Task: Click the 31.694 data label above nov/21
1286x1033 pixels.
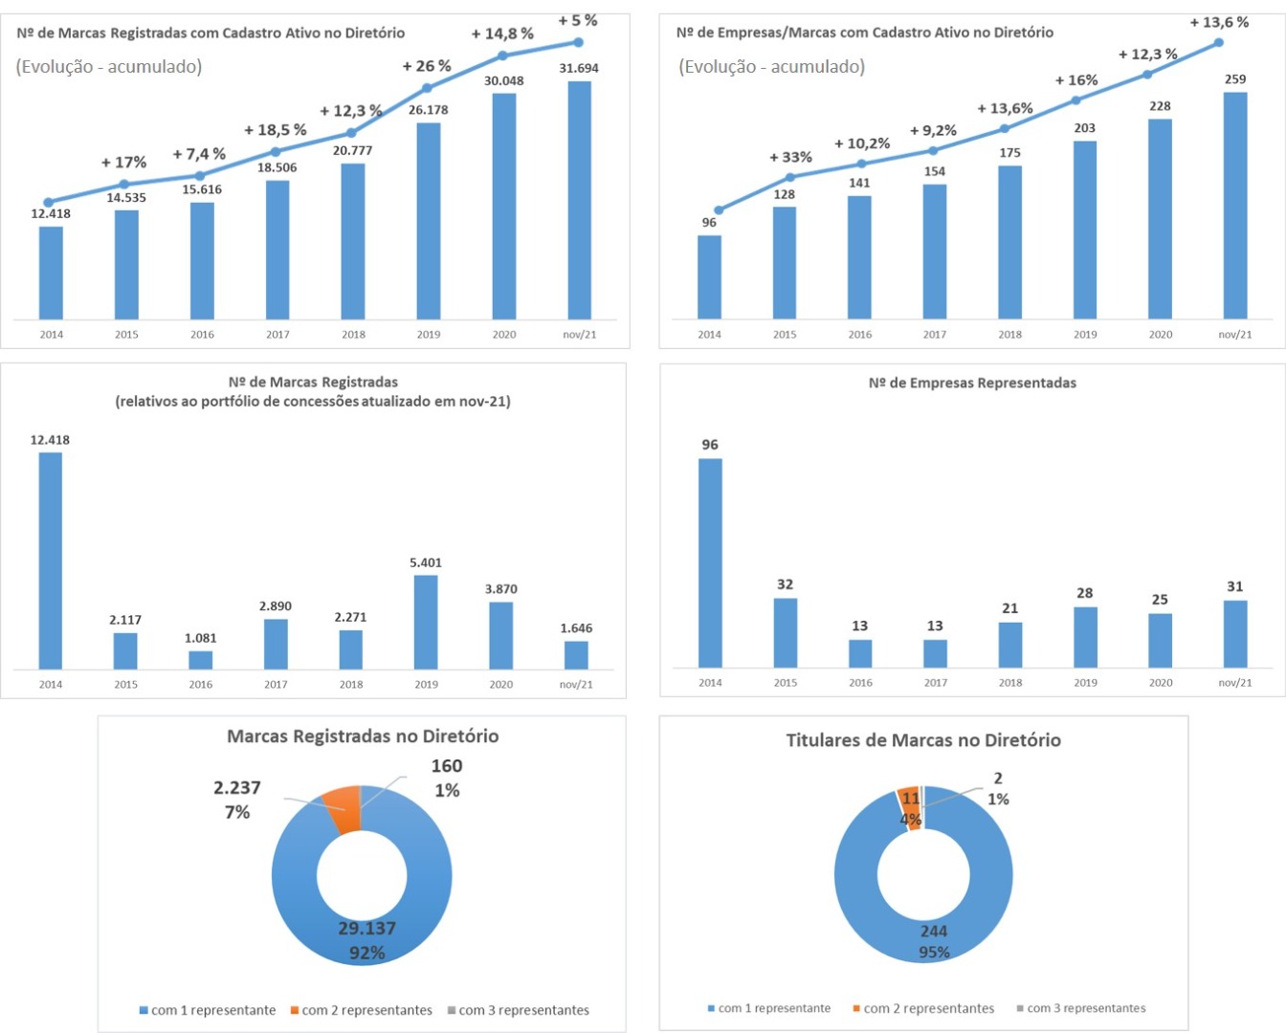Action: [x=579, y=68]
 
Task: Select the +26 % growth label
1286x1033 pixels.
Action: [x=427, y=66]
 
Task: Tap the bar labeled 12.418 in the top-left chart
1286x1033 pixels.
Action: [x=51, y=273]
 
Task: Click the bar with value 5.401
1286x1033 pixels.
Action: [x=426, y=622]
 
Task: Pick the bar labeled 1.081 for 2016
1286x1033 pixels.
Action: [x=201, y=659]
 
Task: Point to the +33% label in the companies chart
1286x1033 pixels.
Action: [x=790, y=157]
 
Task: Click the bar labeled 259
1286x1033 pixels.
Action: [x=1235, y=206]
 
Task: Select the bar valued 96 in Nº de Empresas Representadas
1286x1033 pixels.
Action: [x=710, y=562]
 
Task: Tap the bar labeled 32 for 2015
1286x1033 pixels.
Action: [x=785, y=632]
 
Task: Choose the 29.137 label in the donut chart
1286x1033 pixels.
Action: [x=366, y=928]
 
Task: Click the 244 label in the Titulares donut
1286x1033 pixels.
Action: [x=934, y=931]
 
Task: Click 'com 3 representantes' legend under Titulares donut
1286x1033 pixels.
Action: [x=1086, y=1008]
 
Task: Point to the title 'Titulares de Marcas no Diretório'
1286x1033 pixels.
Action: [x=923, y=740]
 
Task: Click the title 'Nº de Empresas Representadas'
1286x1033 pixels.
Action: [x=972, y=383]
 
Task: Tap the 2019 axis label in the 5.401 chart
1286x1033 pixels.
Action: [x=426, y=684]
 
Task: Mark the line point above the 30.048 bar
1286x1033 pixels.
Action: [x=503, y=55]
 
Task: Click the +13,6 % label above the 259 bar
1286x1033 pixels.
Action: [x=1219, y=22]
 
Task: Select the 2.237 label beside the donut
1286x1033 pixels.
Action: [x=236, y=788]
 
